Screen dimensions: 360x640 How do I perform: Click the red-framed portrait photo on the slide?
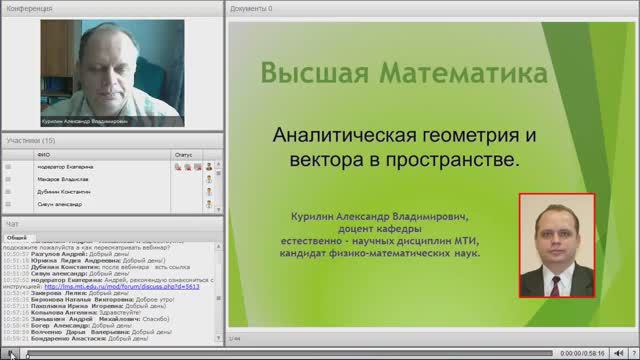pyautogui.click(x=557, y=245)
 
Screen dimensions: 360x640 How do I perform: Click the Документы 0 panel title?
pyautogui.click(x=251, y=8)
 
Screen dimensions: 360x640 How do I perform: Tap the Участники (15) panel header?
pyautogui.click(x=31, y=141)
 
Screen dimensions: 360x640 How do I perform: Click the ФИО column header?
pyautogui.click(x=43, y=155)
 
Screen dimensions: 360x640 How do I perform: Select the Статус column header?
pyautogui.click(x=183, y=155)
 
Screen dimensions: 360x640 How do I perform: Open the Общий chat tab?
pyautogui.click(x=18, y=238)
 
